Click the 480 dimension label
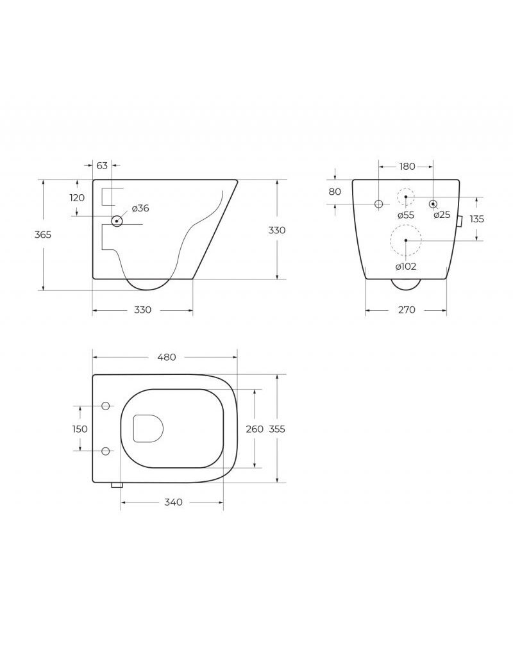pos(167,357)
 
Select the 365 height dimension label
pos(43,235)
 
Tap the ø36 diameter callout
pos(140,208)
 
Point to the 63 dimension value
pos(102,165)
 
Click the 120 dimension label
pos(77,197)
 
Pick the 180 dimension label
pos(407,166)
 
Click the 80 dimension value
pos(335,192)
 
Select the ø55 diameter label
pos(405,215)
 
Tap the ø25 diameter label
pos(442,215)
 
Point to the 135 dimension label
pos(476,219)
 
